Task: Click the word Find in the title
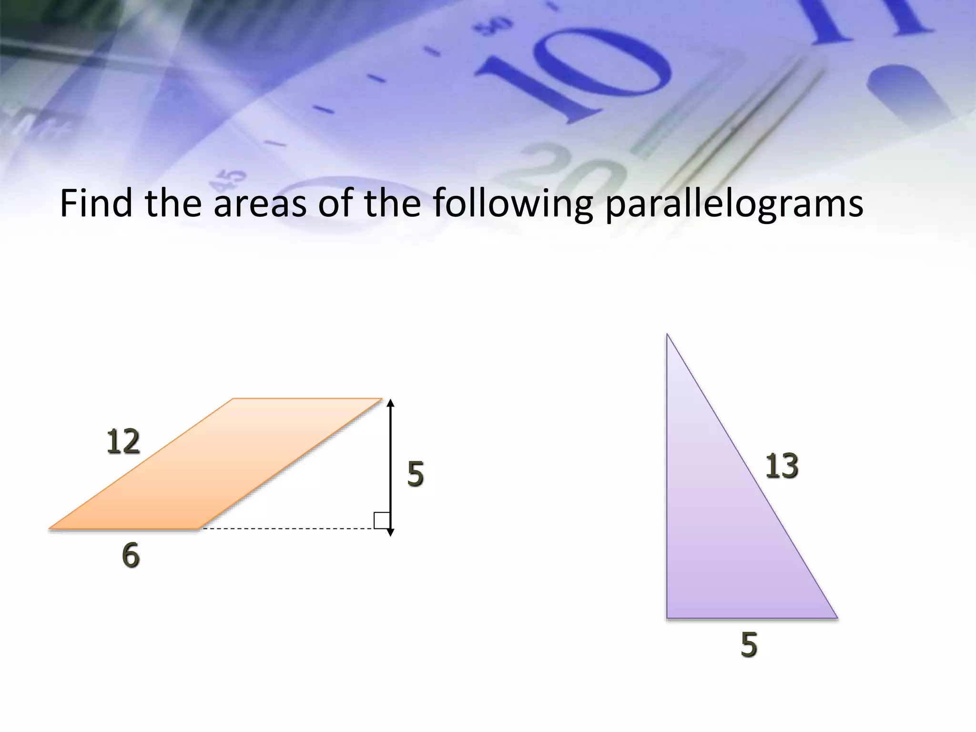pos(95,203)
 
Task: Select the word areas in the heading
pos(260,203)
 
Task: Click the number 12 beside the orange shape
pos(123,442)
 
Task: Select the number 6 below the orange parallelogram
pos(131,556)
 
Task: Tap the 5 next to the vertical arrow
pos(416,474)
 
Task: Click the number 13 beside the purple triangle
pos(782,466)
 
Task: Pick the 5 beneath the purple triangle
pos(749,645)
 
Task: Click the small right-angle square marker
pos(382,520)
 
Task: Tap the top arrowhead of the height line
pos(390,403)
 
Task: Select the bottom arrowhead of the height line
pos(390,532)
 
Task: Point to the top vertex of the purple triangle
pos(667,335)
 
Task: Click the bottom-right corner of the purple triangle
pos(836,618)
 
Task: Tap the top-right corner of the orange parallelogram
pos(381,399)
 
